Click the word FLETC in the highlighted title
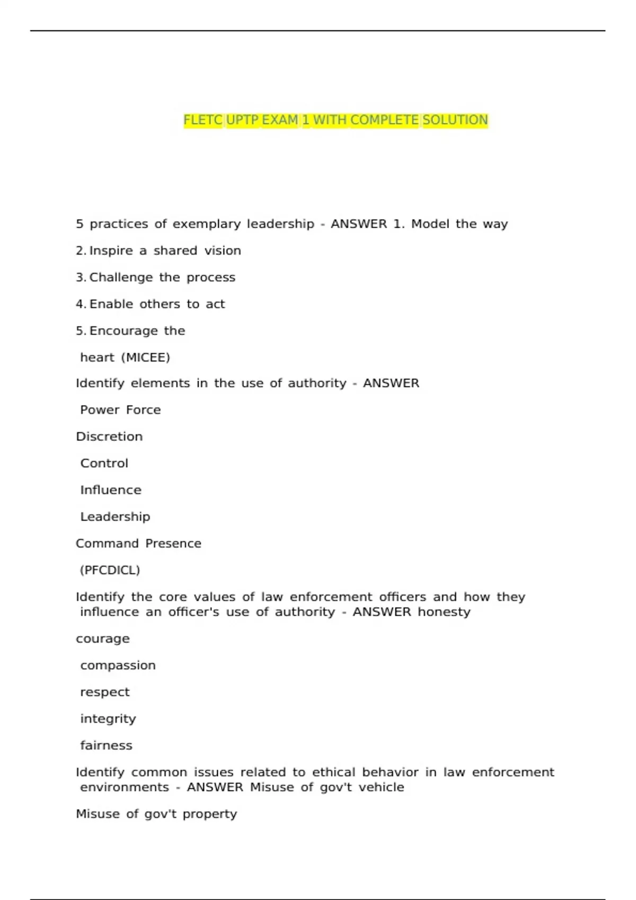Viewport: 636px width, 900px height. (x=202, y=120)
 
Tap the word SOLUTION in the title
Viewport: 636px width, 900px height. (x=455, y=120)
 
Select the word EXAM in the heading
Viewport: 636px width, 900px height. (x=280, y=120)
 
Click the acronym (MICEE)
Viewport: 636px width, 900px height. (x=146, y=357)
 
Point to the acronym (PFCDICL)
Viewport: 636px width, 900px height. (x=110, y=570)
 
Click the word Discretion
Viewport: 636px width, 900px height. (x=109, y=437)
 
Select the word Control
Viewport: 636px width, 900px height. (x=104, y=463)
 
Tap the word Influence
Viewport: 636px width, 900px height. (x=111, y=490)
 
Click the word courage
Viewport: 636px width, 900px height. (x=102, y=639)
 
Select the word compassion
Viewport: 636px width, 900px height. (x=118, y=665)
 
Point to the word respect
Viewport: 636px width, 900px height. (x=104, y=692)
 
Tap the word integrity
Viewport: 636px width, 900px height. (x=108, y=719)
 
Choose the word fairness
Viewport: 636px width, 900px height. (x=106, y=745)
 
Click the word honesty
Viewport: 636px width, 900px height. (x=444, y=612)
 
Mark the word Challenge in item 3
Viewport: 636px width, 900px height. (x=121, y=277)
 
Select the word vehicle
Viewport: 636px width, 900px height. (x=381, y=787)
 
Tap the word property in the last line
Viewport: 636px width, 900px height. (x=209, y=814)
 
